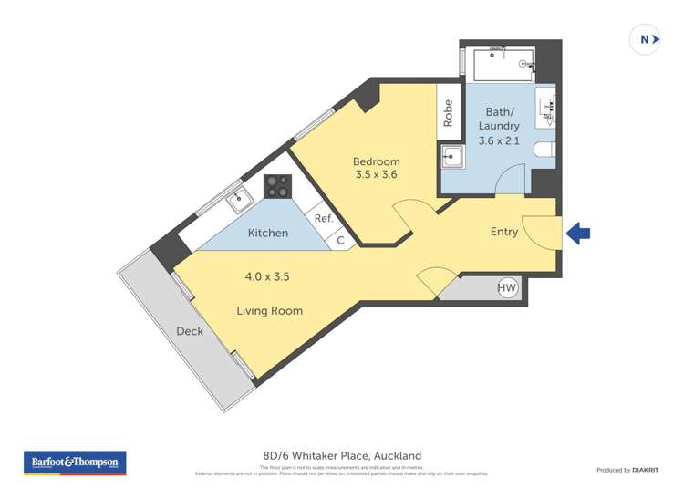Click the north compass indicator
[x=646, y=39]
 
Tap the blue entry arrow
[x=578, y=234]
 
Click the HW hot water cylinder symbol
[x=507, y=288]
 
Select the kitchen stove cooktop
[x=277, y=186]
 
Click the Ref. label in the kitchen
[x=324, y=219]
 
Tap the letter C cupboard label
[x=341, y=241]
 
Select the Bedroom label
[x=377, y=161]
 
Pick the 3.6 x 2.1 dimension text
[x=498, y=140]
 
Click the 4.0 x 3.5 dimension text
[x=267, y=275]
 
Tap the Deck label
[x=190, y=331]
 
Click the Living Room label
[x=269, y=311]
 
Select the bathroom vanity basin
[x=549, y=108]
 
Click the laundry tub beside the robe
[x=451, y=156]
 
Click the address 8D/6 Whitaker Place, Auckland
[x=342, y=455]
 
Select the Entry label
[x=503, y=232]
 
